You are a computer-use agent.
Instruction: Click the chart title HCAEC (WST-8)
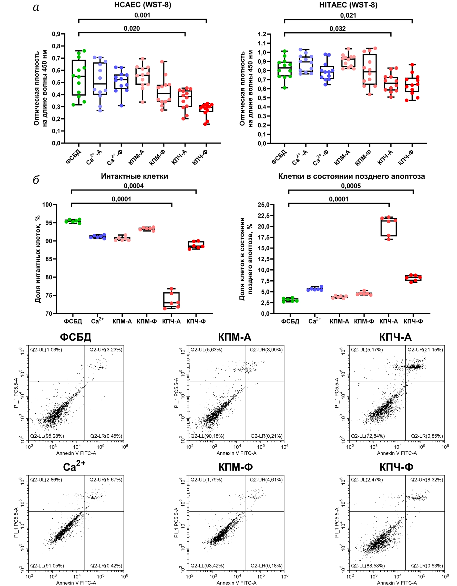(x=142, y=5)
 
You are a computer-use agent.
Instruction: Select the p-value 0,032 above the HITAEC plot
(x=337, y=28)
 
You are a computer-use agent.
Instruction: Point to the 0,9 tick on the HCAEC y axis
(x=56, y=34)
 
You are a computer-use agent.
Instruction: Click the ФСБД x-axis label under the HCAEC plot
(x=74, y=157)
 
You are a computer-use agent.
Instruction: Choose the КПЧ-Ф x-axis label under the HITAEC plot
(x=406, y=158)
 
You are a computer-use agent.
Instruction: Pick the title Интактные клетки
(x=134, y=176)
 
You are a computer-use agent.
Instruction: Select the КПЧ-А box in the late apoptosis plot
(x=389, y=227)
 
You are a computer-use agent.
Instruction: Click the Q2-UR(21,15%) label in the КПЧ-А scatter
(x=425, y=350)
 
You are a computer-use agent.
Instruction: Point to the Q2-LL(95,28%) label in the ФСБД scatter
(x=47, y=436)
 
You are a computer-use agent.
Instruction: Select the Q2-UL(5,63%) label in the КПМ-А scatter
(x=206, y=350)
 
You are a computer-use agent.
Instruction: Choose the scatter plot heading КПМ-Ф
(x=235, y=467)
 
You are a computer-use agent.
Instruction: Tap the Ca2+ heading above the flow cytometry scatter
(x=74, y=467)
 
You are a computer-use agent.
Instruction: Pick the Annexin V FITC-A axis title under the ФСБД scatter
(x=76, y=453)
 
